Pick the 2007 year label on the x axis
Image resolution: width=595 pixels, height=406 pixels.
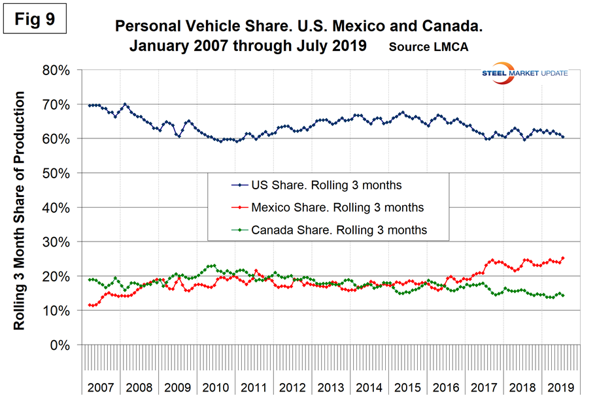pyautogui.click(x=101, y=386)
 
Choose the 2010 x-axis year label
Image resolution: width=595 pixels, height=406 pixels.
pyautogui.click(x=216, y=386)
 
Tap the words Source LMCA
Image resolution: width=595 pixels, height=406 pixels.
pyautogui.click(x=428, y=47)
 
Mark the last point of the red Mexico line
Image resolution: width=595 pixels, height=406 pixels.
pyautogui.click(x=563, y=258)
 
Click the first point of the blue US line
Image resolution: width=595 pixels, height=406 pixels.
pyautogui.click(x=89, y=105)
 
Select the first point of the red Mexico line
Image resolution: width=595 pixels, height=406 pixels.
pyautogui.click(x=89, y=305)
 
